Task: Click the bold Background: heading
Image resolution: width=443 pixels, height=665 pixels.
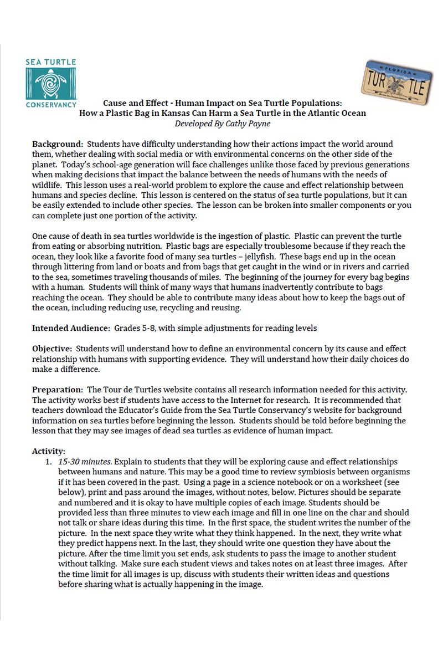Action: [57, 145]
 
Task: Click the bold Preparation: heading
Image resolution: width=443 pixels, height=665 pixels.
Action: [58, 390]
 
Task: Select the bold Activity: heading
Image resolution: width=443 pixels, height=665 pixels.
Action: [48, 451]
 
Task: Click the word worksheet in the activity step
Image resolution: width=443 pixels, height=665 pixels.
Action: [360, 482]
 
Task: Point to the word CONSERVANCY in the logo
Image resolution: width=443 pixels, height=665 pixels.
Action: [51, 104]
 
